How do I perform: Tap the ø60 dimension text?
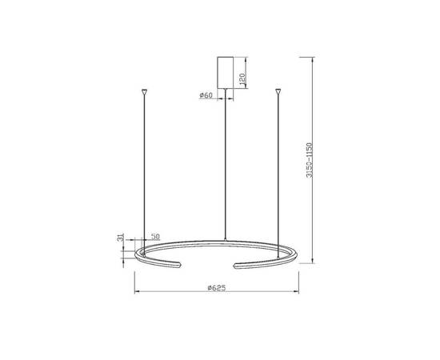coord(206,95)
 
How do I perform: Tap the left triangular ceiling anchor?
coord(144,92)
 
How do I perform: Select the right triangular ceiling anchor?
coord(278,92)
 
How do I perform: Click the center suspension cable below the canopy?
coord(226,160)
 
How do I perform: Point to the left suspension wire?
coord(144,168)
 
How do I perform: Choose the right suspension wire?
coord(278,168)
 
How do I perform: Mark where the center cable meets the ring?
coord(226,239)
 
